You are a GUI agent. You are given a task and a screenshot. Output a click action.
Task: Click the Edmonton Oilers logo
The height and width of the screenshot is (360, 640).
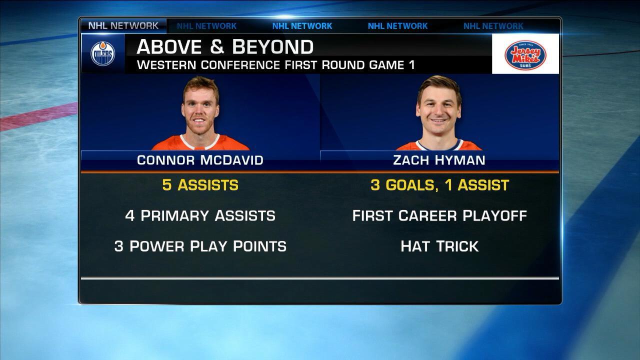pyautogui.click(x=102, y=53)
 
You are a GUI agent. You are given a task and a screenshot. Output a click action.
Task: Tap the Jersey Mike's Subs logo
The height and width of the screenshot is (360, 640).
pyautogui.click(x=525, y=54)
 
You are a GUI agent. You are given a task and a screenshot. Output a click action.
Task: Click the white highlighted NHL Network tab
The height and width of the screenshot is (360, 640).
pyautogui.click(x=123, y=25)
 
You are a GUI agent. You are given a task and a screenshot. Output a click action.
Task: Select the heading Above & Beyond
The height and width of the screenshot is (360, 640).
pyautogui.click(x=225, y=47)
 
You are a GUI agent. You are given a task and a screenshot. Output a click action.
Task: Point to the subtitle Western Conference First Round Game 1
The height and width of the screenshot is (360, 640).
pyautogui.click(x=275, y=65)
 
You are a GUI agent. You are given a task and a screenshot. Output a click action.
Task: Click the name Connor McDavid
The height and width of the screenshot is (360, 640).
pyautogui.click(x=200, y=160)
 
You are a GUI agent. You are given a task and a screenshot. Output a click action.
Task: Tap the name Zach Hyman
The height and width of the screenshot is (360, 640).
pyautogui.click(x=439, y=160)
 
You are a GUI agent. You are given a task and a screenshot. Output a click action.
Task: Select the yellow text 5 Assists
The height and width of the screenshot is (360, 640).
pyautogui.click(x=200, y=185)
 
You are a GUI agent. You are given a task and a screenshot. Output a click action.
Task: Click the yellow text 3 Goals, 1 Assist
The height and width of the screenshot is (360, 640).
pyautogui.click(x=439, y=185)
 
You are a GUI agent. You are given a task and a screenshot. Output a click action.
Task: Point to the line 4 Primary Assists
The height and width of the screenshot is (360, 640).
pyautogui.click(x=200, y=216)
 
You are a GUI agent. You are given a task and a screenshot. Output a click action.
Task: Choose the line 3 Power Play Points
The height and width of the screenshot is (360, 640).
pyautogui.click(x=200, y=246)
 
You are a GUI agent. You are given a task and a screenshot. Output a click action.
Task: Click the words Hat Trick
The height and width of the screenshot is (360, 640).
pyautogui.click(x=439, y=246)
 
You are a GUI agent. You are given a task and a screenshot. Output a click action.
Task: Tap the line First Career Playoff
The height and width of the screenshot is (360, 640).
pyautogui.click(x=439, y=216)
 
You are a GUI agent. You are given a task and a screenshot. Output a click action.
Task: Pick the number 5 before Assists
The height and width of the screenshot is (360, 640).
pyautogui.click(x=167, y=185)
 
